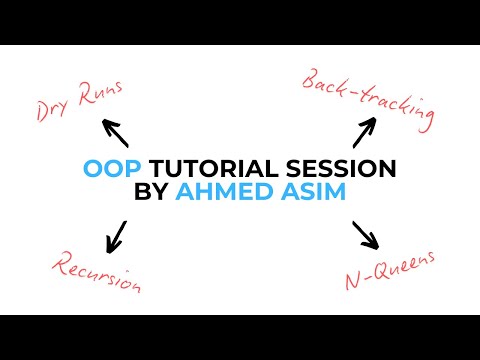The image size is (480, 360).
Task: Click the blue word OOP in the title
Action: click(x=104, y=167)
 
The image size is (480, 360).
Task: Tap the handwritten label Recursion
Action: click(x=96, y=273)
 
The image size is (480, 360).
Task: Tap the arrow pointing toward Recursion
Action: click(x=117, y=235)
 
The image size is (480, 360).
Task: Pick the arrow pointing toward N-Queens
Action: click(x=366, y=236)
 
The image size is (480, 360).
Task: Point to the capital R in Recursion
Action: click(x=59, y=262)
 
